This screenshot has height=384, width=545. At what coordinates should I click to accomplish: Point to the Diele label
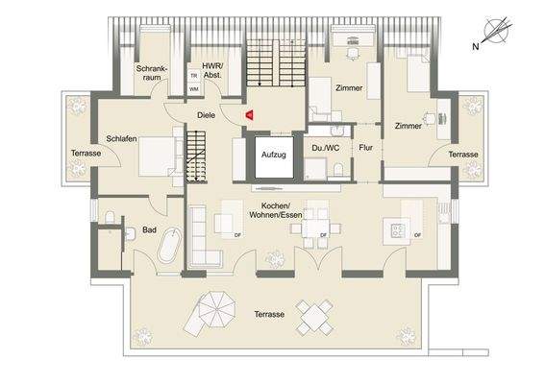pyautogui.click(x=207, y=114)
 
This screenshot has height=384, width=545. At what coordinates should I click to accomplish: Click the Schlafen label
pyautogui.click(x=120, y=139)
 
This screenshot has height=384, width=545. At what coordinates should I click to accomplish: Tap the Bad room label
pyautogui.click(x=149, y=230)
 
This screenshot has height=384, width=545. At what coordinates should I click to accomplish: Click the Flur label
pyautogui.click(x=365, y=148)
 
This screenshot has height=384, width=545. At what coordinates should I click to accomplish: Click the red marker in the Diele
pyautogui.click(x=248, y=114)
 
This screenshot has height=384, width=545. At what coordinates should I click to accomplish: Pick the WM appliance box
pyautogui.click(x=194, y=88)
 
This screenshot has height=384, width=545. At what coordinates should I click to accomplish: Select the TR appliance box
pyautogui.click(x=194, y=75)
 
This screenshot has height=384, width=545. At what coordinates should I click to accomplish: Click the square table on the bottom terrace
pyautogui.click(x=314, y=315)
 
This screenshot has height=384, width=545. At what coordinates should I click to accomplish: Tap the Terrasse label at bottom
pyautogui.click(x=268, y=315)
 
